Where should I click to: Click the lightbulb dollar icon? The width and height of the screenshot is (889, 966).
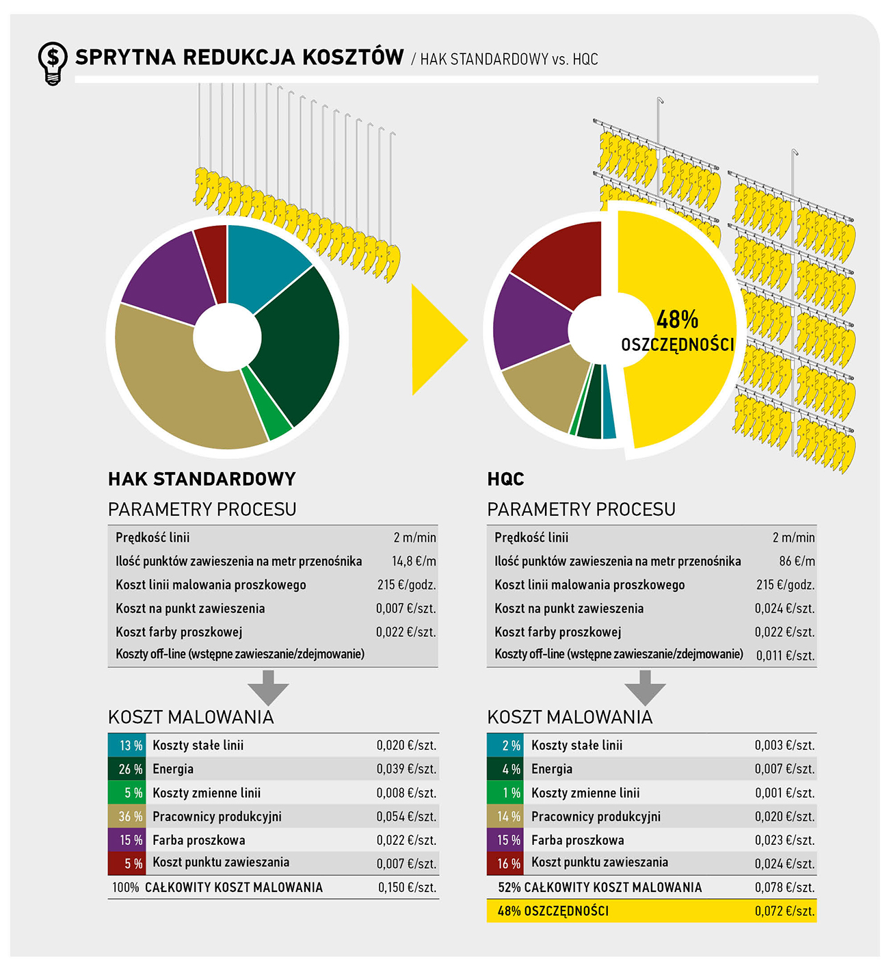click(52, 62)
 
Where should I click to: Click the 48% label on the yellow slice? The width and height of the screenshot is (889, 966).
click(677, 319)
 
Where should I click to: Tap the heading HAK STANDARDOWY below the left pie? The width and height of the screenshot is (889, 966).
click(202, 479)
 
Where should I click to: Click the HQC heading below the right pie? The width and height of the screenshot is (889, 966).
click(505, 479)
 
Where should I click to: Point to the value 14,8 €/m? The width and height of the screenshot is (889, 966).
click(414, 561)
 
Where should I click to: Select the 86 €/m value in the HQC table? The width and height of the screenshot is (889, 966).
click(797, 561)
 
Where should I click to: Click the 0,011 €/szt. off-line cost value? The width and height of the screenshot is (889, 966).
click(785, 655)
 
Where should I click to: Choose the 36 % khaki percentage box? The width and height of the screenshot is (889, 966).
click(127, 816)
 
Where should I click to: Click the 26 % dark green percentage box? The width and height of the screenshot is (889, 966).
click(127, 769)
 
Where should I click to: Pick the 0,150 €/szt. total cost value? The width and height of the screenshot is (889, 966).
click(407, 887)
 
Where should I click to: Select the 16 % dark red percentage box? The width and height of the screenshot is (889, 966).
click(506, 863)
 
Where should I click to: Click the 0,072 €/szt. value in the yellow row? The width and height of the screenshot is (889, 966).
click(785, 911)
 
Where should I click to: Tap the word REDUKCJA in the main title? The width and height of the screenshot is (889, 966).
click(238, 57)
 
